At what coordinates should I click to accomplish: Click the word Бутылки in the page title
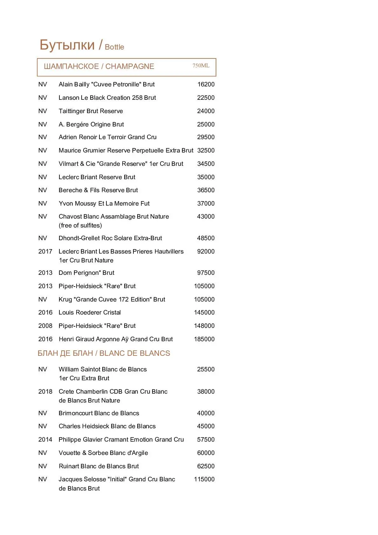(x=67, y=45)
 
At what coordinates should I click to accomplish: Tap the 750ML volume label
(x=201, y=66)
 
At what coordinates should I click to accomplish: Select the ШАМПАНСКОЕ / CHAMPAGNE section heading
(x=99, y=66)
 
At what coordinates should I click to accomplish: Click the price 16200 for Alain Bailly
(x=206, y=85)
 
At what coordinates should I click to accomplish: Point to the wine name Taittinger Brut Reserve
(x=91, y=111)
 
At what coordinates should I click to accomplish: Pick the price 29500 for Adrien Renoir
(x=206, y=137)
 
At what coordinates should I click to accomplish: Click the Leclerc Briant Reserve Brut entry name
(x=97, y=177)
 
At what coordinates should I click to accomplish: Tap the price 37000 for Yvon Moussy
(x=206, y=204)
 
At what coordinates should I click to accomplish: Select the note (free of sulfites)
(x=80, y=226)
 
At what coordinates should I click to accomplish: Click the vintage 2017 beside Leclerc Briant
(x=45, y=252)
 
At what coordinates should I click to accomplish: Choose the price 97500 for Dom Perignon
(x=206, y=273)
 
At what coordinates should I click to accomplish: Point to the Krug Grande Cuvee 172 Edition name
(x=112, y=300)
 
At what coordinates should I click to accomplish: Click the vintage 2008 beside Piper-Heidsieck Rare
(x=45, y=326)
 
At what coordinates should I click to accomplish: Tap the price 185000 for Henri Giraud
(x=204, y=339)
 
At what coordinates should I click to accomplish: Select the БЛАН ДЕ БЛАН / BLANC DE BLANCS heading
(x=104, y=353)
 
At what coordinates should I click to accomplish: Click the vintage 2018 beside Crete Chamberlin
(x=45, y=392)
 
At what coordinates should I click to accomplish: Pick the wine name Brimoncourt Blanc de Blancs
(x=99, y=413)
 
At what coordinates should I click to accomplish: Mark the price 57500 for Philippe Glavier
(x=206, y=440)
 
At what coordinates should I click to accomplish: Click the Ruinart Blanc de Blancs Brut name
(x=99, y=466)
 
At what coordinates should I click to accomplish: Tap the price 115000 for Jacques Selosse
(x=204, y=479)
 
